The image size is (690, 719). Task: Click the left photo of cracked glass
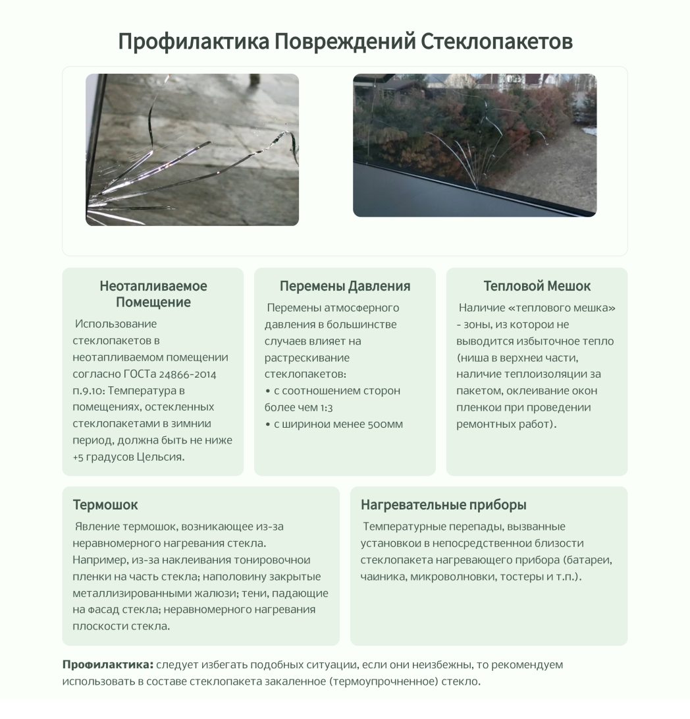[192, 150]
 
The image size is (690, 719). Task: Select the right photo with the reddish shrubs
[475, 145]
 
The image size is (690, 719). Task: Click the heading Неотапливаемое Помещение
[153, 294]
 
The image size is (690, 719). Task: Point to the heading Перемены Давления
[345, 286]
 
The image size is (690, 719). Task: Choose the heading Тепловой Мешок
[537, 286]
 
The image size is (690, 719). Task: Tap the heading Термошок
[105, 505]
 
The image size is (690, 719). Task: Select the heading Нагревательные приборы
[443, 505]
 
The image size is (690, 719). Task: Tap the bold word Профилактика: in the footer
[107, 664]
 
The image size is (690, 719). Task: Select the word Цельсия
[160, 457]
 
